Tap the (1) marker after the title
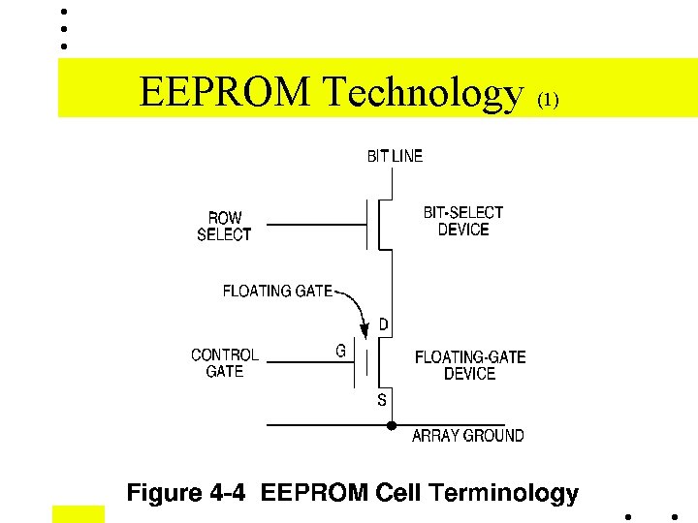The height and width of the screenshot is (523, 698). coord(548,100)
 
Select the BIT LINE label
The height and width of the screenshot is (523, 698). coord(395,156)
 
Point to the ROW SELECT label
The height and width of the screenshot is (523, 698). coord(224,226)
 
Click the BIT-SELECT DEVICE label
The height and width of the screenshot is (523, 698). coord(463,221)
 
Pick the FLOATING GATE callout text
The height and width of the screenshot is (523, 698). coord(277,291)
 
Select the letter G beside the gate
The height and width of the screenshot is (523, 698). coord(341,352)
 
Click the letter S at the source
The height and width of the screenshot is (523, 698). coord(382,399)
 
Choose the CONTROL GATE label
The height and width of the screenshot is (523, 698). coord(224,362)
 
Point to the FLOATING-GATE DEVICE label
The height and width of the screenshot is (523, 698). coord(470,365)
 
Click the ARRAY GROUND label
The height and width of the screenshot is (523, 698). coord(467,436)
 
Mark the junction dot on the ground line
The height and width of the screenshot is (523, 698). coord(391,425)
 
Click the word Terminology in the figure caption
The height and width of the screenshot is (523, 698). coord(504,494)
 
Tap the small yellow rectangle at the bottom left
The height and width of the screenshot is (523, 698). coord(78,513)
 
